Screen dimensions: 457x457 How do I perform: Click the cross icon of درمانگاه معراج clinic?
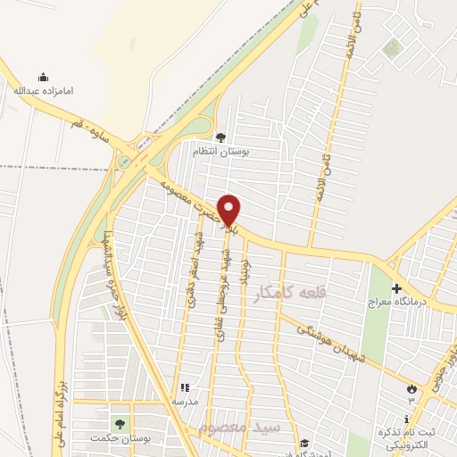click(x=395, y=290)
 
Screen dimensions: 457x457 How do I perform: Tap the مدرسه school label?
click(x=185, y=402)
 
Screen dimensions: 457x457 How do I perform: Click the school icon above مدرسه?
click(x=186, y=388)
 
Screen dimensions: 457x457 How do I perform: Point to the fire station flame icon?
click(x=411, y=389)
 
